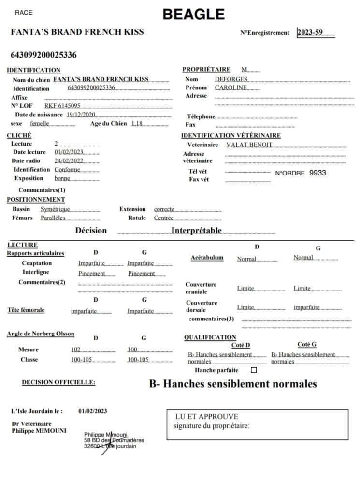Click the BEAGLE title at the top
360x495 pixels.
coord(193,15)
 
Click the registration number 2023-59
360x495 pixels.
coord(310,33)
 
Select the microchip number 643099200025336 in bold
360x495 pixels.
coord(43,55)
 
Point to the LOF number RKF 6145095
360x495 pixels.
coord(62,106)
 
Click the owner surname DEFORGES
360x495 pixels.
coord(231,79)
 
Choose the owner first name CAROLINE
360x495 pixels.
coord(230,87)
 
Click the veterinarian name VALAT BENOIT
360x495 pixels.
coord(249,145)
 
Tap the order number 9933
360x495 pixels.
coord(317,173)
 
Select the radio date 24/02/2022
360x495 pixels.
coord(69,160)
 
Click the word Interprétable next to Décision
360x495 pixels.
coord(196,230)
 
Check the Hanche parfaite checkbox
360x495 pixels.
coord(254,370)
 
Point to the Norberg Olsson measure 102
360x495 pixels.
coord(75,349)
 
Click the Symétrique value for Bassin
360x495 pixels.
coord(55,209)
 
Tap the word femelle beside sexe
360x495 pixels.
coord(40,123)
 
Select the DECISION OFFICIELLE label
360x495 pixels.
coord(58,382)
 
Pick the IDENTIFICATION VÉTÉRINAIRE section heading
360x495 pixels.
coord(230,135)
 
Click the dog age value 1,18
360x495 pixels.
coord(137,123)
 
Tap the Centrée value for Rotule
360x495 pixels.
coord(164,218)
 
